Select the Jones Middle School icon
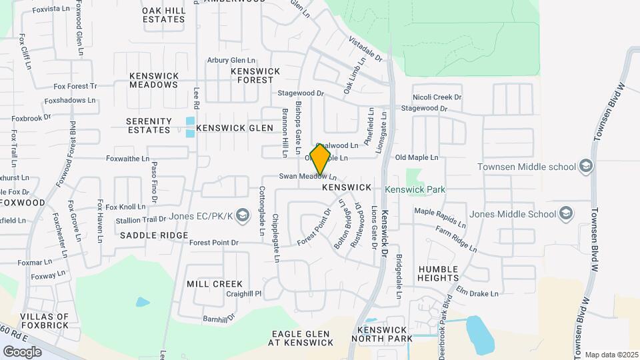click(x=566, y=214)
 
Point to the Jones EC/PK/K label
click(x=200, y=215)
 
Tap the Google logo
click(x=23, y=351)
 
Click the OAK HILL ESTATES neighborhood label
click(x=163, y=15)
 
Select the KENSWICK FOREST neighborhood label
click(x=255, y=75)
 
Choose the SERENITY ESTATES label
click(x=149, y=126)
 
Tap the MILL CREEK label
click(x=214, y=284)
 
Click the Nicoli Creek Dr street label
click(x=437, y=97)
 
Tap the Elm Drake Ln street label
click(x=477, y=293)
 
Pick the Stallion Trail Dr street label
click(x=141, y=219)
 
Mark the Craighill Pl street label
click(x=244, y=293)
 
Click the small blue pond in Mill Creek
click(x=143, y=302)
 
